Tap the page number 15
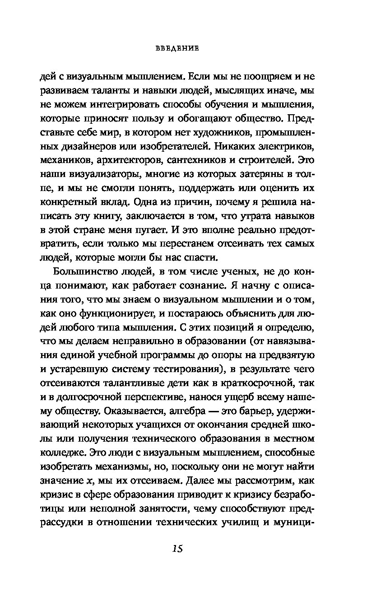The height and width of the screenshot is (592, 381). pyautogui.click(x=177, y=548)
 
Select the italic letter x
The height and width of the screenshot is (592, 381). pyautogui.click(x=89, y=478)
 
